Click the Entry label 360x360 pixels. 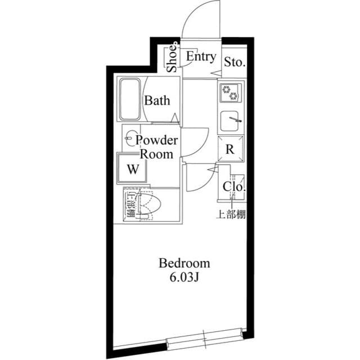(x=201, y=56)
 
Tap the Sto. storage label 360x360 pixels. (x=235, y=62)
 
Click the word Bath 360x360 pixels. (x=157, y=101)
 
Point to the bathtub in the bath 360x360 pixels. (x=130, y=99)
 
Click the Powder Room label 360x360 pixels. (x=157, y=147)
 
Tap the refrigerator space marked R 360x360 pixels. (x=230, y=150)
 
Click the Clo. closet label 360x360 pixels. (x=233, y=187)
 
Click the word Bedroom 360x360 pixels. (x=184, y=263)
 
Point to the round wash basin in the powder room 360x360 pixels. (x=130, y=137)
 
